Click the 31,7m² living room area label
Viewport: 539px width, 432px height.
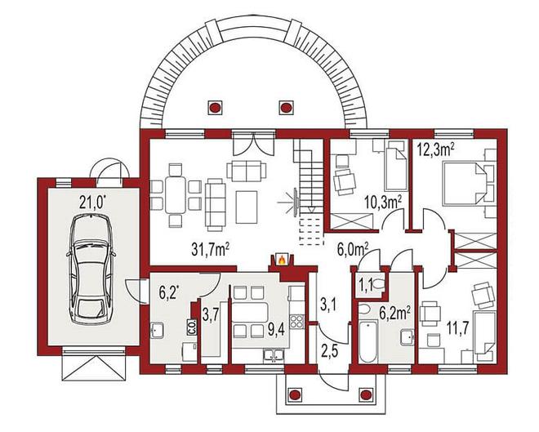[211, 249]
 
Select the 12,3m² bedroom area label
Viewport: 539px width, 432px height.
[436, 149]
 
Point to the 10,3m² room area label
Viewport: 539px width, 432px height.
[384, 203]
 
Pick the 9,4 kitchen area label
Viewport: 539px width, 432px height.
[277, 331]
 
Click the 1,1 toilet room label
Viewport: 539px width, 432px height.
[365, 284]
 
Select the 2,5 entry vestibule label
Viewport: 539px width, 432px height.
[330, 351]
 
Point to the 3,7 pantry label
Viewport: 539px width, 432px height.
[211, 316]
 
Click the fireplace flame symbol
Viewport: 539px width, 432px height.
[282, 260]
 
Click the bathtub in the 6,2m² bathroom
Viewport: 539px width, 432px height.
[368, 341]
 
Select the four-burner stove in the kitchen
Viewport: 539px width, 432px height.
[296, 321]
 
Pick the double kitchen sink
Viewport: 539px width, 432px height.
[274, 356]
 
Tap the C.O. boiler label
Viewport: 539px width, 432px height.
[191, 327]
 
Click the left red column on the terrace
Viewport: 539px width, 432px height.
[215, 108]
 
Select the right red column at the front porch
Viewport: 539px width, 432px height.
[365, 394]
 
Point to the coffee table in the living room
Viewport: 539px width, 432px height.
[247, 207]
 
